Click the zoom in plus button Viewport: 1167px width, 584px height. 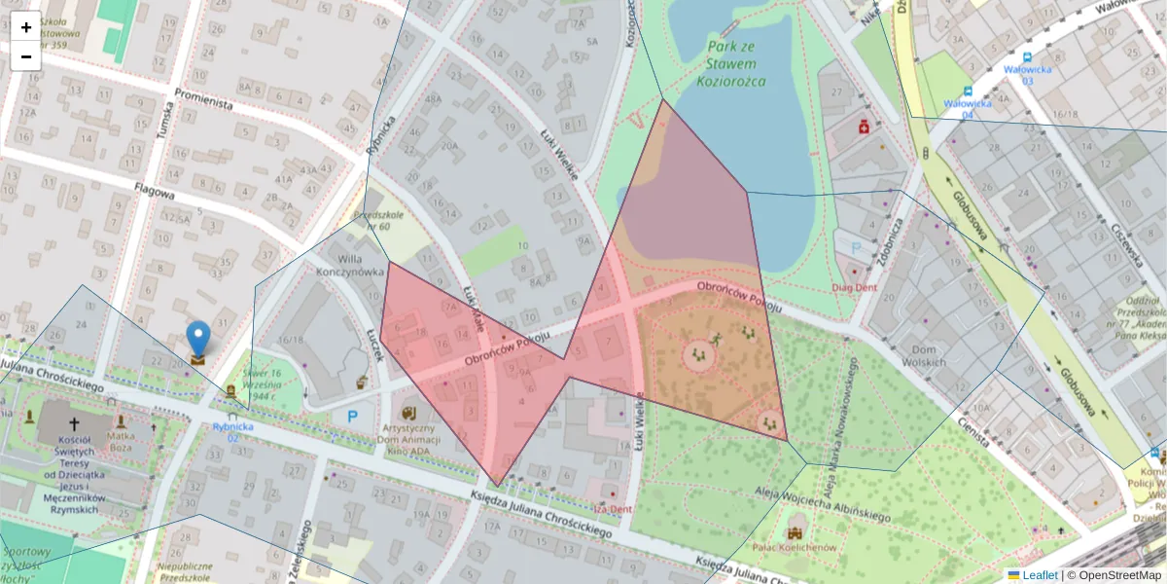pos(26,27)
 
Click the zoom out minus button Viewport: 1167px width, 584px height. pos(26,56)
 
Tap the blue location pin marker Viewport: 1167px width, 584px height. pos(198,342)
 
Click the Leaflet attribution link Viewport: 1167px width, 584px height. pos(1037,575)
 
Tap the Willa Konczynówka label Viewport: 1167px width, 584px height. pos(350,266)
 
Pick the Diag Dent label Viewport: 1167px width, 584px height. pos(855,288)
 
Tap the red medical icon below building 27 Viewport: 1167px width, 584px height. pos(863,127)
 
